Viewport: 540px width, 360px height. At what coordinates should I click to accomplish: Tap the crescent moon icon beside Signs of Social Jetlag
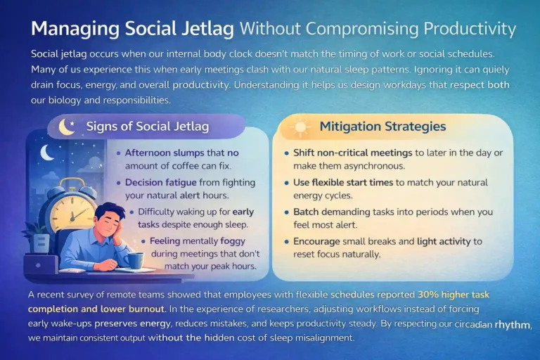coord(66,127)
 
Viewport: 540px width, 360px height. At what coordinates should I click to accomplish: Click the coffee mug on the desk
coord(136,259)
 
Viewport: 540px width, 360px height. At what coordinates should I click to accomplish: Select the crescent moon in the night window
coord(47,151)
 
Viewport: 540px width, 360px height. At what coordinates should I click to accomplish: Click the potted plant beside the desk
coord(34,236)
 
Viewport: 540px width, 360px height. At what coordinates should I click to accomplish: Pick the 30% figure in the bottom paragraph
coord(430,295)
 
